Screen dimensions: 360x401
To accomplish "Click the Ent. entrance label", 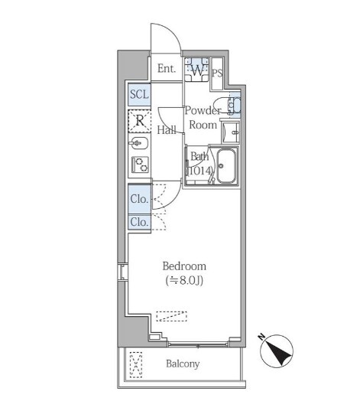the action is coord(167,69).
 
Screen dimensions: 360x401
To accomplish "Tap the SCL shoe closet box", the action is coord(139,95).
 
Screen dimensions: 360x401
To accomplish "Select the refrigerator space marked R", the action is coord(140,121).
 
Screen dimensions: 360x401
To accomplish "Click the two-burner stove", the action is coord(140,165).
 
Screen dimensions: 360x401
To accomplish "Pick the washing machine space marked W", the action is coord(196,70).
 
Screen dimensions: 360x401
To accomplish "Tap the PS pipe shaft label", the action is coord(217,73).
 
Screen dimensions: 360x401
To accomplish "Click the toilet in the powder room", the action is coord(227,106).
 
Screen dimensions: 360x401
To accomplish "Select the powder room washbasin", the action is coord(231,132).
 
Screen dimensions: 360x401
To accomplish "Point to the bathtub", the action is coord(226,166).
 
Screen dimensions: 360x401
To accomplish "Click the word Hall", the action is coord(167,130).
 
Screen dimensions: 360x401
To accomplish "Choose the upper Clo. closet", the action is coord(139,198).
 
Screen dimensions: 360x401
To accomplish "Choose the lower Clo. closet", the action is coord(139,222).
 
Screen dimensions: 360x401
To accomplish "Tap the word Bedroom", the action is coord(184,266).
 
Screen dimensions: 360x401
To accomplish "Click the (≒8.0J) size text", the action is coord(184,281).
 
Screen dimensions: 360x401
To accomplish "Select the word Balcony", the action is coord(183,364).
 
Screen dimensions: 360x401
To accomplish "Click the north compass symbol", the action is coord(277,350).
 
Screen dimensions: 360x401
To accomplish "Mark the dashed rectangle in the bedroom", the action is coord(172,316).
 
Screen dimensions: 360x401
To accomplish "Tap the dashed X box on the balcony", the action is coord(136,365).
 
